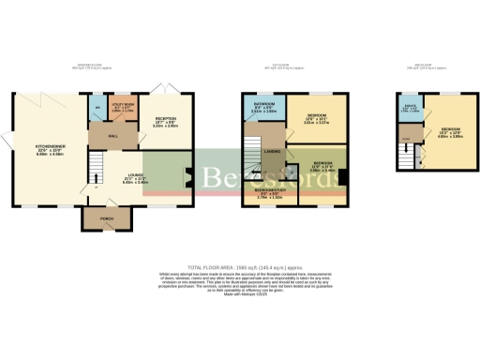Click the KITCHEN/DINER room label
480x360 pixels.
49,147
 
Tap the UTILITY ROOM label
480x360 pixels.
123,106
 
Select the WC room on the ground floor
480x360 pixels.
97,108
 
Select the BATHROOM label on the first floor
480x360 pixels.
262,105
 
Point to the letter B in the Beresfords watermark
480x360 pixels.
217,175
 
